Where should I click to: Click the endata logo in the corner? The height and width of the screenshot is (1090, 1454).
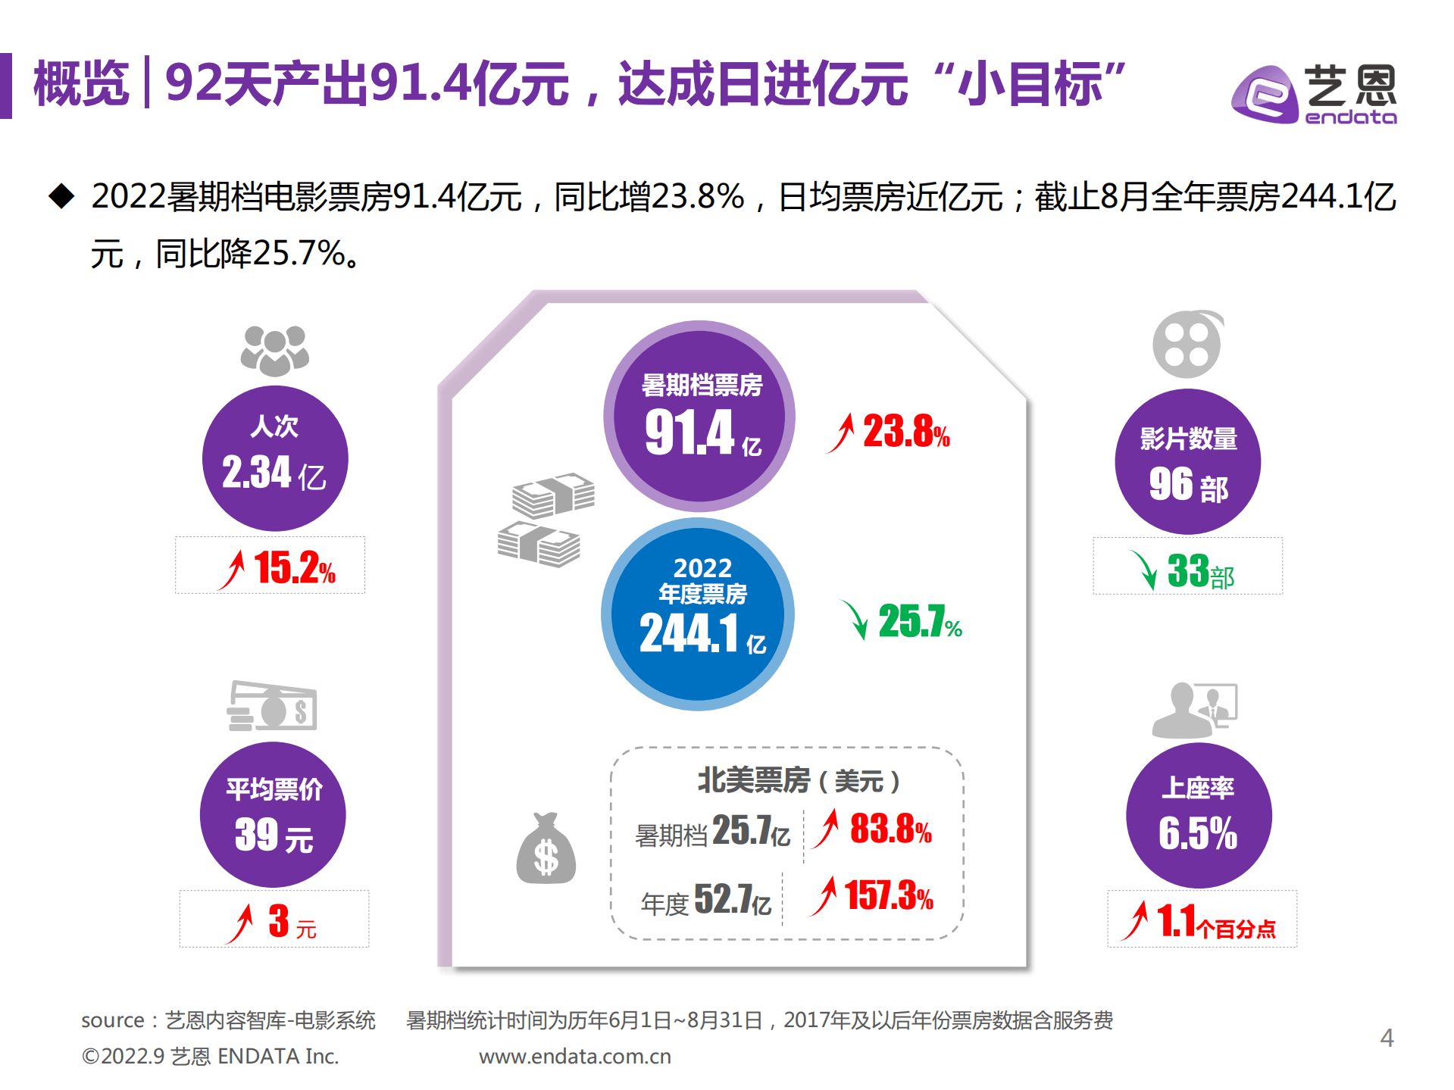point(1315,95)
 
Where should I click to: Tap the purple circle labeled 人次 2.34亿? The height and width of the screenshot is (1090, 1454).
point(274,458)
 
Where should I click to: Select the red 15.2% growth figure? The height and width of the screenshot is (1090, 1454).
point(294,567)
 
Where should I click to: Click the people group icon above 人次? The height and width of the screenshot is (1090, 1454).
point(274,351)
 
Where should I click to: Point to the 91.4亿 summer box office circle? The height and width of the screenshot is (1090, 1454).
point(699,416)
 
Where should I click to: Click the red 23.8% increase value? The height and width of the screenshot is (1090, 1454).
point(905,432)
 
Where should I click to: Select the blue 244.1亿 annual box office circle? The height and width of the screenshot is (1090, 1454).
point(698,614)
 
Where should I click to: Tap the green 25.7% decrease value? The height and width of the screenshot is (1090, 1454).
point(919,622)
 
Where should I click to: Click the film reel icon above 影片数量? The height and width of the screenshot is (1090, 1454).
point(1187,345)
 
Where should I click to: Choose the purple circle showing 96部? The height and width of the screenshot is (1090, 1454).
point(1187,461)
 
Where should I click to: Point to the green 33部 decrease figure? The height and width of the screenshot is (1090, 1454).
point(1199,571)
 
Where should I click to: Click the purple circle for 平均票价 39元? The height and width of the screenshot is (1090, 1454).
point(273,814)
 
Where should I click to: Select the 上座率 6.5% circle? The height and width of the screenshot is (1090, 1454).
point(1198,815)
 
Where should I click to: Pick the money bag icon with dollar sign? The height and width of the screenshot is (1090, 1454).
point(546,850)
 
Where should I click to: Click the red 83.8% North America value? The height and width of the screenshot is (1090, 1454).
point(890,829)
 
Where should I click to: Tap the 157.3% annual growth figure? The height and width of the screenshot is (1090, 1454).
point(888,895)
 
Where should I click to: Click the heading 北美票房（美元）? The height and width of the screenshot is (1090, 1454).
point(798,780)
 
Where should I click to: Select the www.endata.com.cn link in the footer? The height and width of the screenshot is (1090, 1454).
point(574,1056)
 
